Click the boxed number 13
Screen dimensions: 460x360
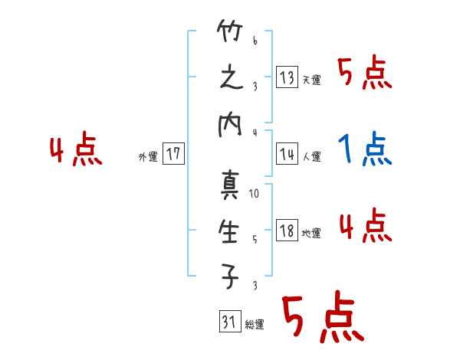[x=287, y=78]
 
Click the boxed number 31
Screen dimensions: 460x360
[x=228, y=322]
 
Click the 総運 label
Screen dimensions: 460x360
[x=254, y=325]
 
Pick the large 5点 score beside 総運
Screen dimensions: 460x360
[x=322, y=319]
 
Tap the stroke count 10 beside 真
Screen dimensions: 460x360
[x=255, y=195]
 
